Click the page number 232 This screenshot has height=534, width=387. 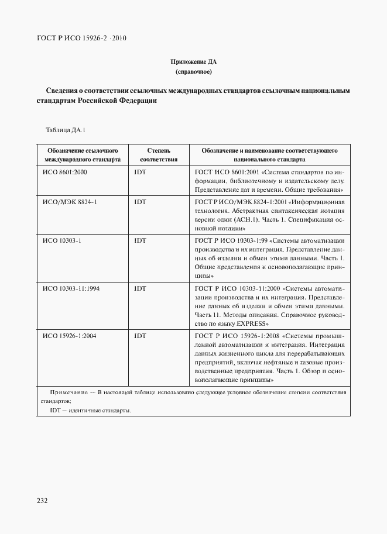tap(42, 501)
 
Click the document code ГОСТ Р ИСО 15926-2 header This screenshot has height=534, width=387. tap(81, 39)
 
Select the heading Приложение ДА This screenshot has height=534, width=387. tap(193, 61)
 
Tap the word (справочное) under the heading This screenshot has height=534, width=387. tap(193, 72)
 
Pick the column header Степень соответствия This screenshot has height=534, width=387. tap(158, 154)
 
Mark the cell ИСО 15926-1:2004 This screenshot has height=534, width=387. tap(69, 336)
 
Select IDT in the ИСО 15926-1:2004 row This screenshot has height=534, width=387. tap(140, 336)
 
